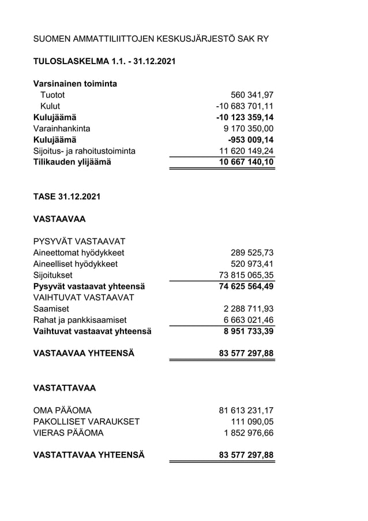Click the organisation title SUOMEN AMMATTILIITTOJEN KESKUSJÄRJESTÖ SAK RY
tap(151, 39)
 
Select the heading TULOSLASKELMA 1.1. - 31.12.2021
tap(104, 61)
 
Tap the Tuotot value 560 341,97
tap(251, 95)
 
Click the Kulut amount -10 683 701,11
tap(245, 106)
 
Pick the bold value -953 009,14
tap(250, 140)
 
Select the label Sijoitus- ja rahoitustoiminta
tap(84, 151)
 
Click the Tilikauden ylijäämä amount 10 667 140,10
tap(246, 162)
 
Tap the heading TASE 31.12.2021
tap(66, 196)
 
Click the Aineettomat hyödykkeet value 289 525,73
tap(251, 252)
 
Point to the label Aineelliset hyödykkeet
tap(76, 263)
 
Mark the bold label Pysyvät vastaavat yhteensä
tap(89, 286)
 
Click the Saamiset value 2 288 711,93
tap(248, 308)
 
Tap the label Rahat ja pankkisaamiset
tap(80, 320)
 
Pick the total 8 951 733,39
tap(248, 331)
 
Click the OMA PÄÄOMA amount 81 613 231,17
tap(246, 410)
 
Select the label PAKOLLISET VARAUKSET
tap(87, 422)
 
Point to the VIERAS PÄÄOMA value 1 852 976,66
tap(248, 433)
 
